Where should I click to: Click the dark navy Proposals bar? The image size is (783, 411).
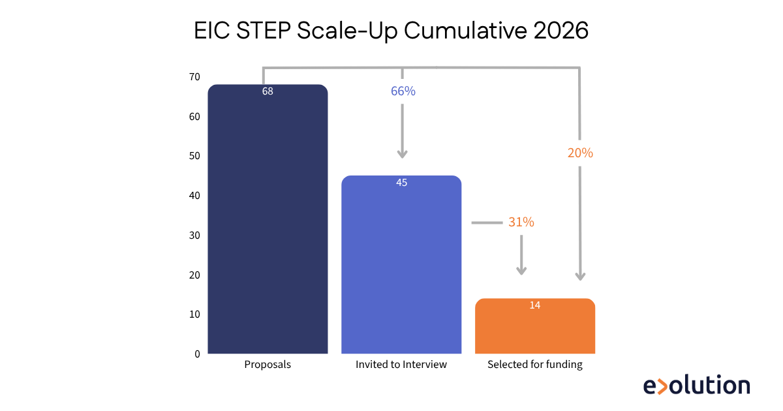point(268,219)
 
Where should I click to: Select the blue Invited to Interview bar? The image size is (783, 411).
point(401,265)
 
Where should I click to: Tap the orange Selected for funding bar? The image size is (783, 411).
point(535,326)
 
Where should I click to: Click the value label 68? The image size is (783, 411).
point(268,91)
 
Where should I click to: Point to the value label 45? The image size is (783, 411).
point(402,183)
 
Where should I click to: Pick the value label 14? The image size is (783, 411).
point(535,305)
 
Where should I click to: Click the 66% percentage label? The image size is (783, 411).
point(403,91)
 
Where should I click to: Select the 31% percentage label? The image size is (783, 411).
point(521,222)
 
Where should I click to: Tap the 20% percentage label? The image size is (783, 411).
point(580,153)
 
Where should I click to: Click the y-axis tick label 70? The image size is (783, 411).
point(194,77)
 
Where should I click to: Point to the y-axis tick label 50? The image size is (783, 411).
point(194,156)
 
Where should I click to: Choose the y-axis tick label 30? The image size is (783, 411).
point(194,236)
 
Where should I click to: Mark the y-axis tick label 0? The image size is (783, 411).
point(197,354)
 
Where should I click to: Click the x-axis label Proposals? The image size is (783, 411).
point(268,365)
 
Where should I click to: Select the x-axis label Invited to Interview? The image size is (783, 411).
point(401,365)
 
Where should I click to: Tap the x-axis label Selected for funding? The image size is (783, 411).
point(535,365)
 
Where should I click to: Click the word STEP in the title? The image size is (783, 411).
point(263,31)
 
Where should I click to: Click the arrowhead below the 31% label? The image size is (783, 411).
point(521,270)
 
